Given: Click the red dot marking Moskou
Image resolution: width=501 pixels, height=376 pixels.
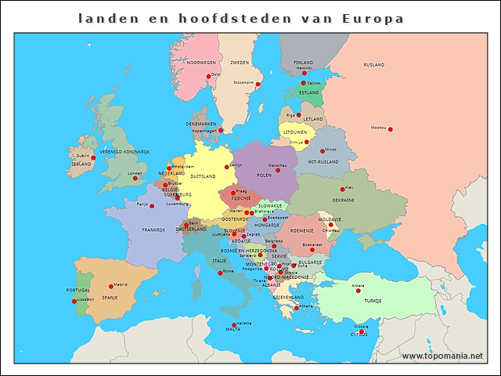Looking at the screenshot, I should pos(390,129).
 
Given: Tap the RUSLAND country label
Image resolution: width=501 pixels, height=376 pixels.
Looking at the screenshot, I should pos(374,65).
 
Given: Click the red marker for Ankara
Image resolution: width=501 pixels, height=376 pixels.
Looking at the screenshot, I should pos(359,291).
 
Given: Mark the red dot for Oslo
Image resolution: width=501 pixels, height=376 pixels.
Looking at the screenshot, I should pos(208,76).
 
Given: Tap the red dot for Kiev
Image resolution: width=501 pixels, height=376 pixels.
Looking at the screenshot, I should pos(342,189).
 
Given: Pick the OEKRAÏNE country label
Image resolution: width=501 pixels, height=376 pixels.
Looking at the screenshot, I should pos(343,200).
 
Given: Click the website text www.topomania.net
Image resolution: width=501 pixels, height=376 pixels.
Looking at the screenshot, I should pos(442,356).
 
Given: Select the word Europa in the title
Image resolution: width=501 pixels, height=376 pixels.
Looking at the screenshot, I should pos(373,17).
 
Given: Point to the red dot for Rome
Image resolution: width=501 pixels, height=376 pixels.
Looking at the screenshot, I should pos(221,272).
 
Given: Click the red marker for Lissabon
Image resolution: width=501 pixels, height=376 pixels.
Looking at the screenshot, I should pos(74,301).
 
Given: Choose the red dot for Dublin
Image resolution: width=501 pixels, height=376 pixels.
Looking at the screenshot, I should pos(93,157).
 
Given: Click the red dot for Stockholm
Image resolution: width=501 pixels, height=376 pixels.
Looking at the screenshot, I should pos(258,84).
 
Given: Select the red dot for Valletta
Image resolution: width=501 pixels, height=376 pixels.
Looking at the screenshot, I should pos(233,325).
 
